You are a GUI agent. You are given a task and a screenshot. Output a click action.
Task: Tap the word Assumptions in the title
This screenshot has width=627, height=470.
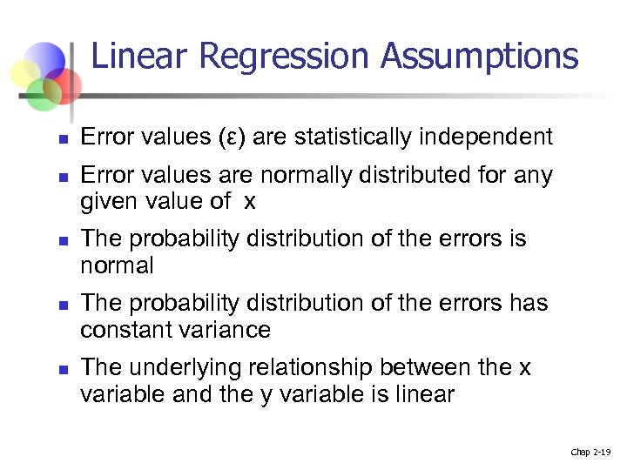tap(479, 57)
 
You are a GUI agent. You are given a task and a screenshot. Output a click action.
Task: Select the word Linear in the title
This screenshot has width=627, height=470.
tap(139, 57)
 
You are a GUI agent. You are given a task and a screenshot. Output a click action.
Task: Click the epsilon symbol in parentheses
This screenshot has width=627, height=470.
tap(227, 138)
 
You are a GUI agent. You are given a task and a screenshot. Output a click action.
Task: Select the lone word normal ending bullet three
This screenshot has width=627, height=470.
tap(117, 265)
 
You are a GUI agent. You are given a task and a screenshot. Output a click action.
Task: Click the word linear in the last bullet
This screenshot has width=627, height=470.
tap(424, 394)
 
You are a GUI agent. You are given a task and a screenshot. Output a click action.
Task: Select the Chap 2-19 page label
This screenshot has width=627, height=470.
tap(591, 453)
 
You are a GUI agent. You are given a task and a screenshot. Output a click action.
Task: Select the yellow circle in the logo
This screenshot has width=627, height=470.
tap(32, 70)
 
